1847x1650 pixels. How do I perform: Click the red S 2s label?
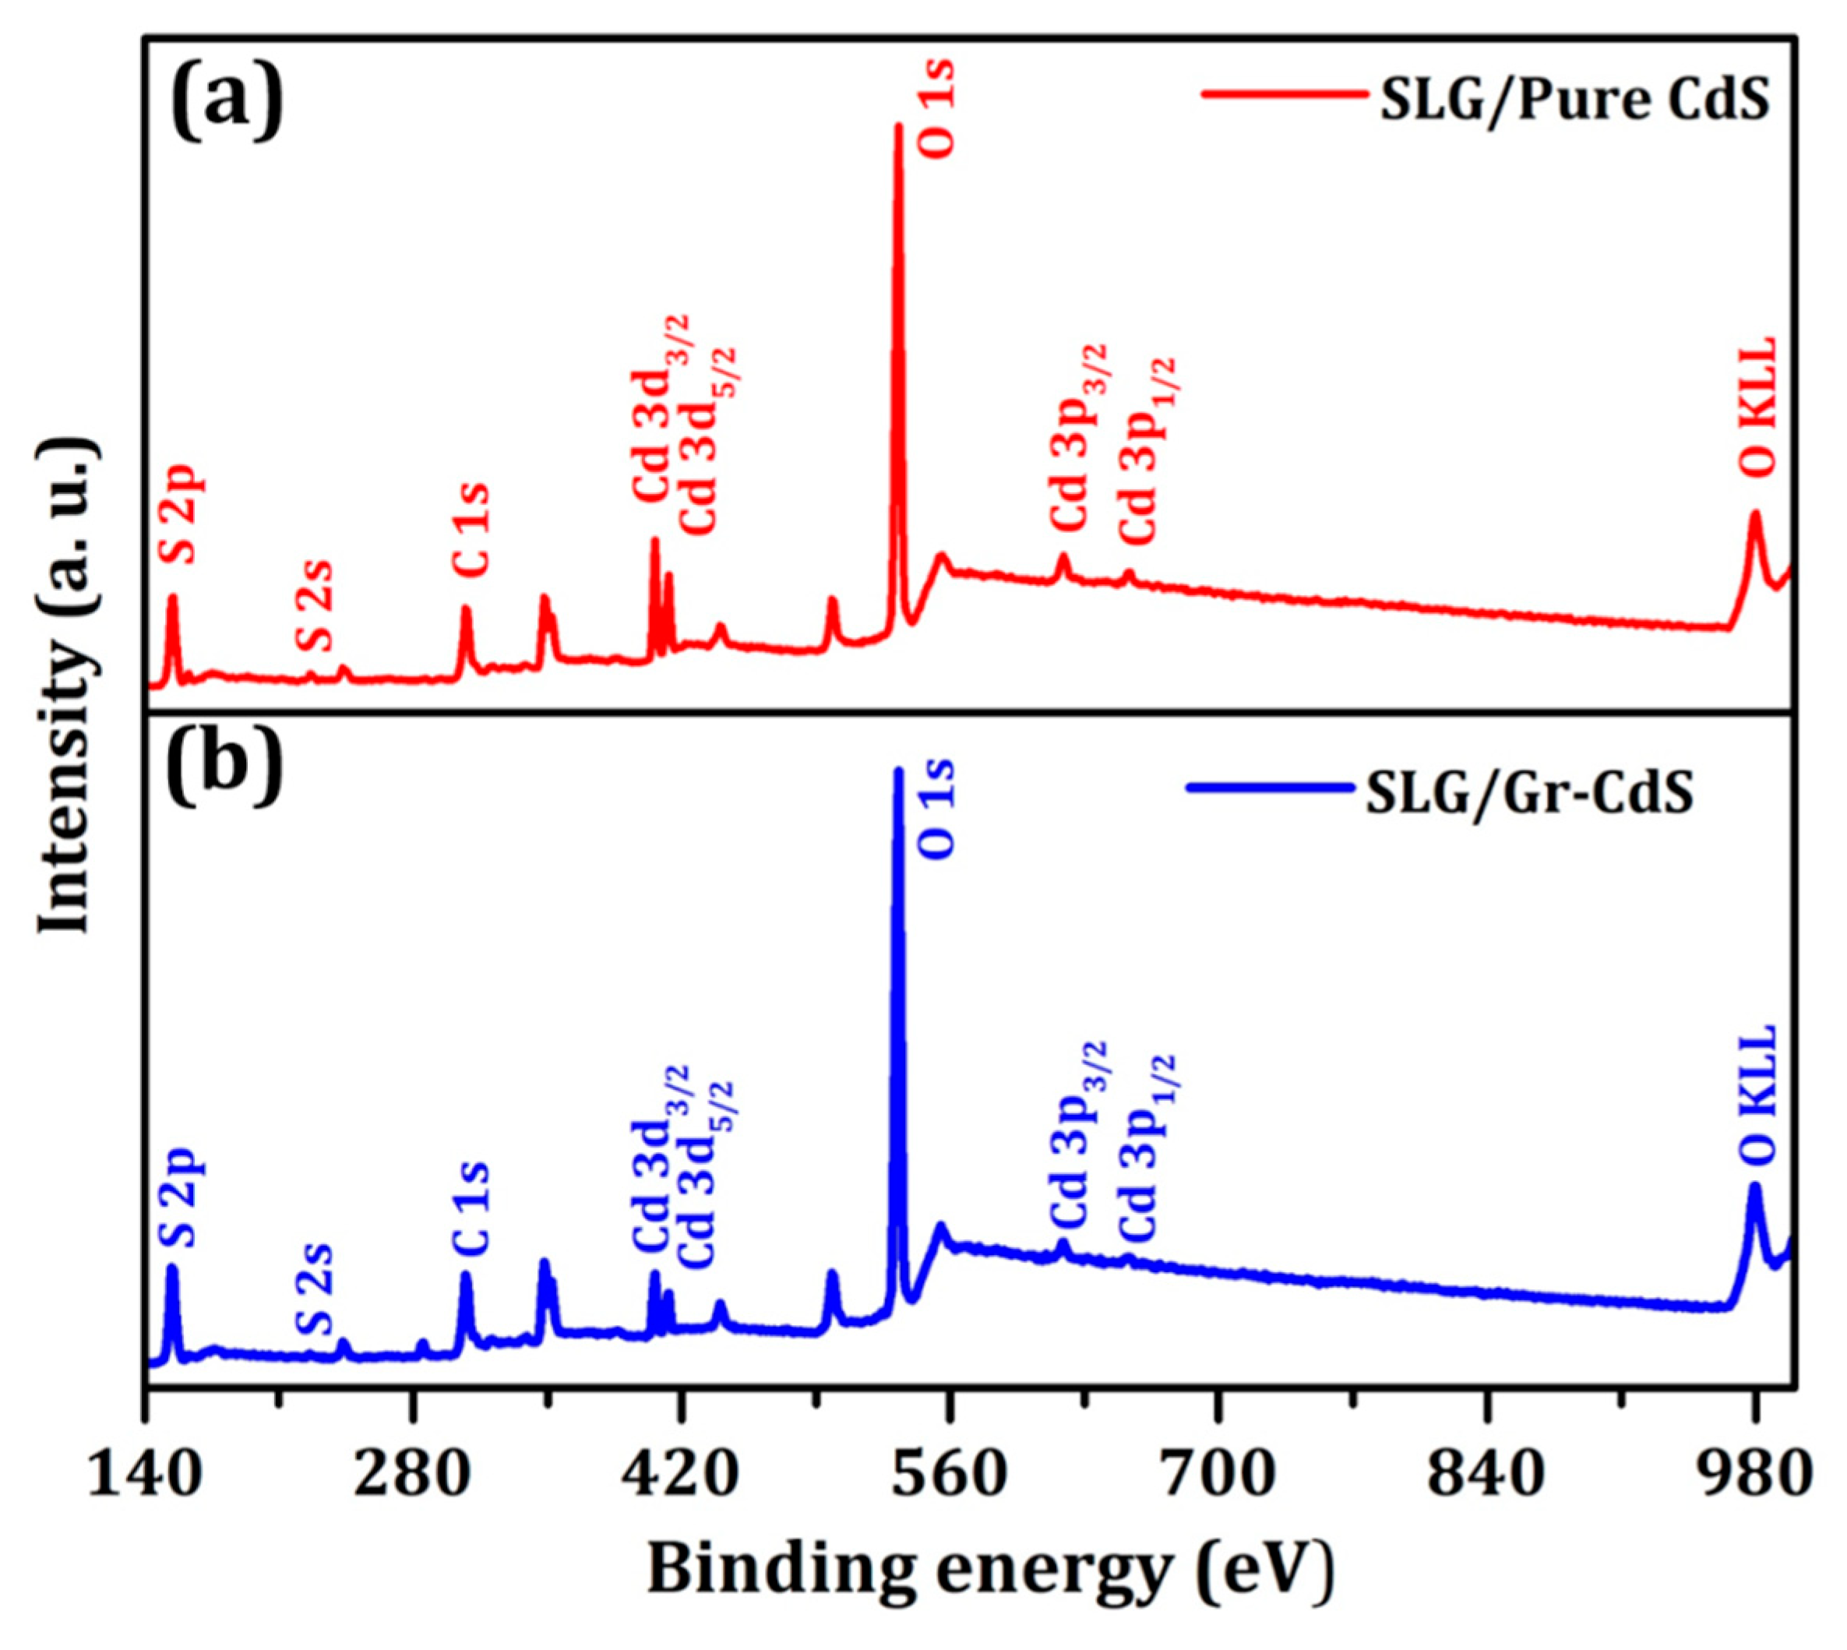click(315, 605)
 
